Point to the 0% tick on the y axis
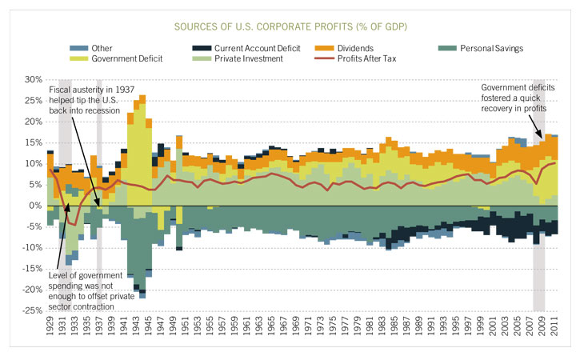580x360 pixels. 35,206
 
